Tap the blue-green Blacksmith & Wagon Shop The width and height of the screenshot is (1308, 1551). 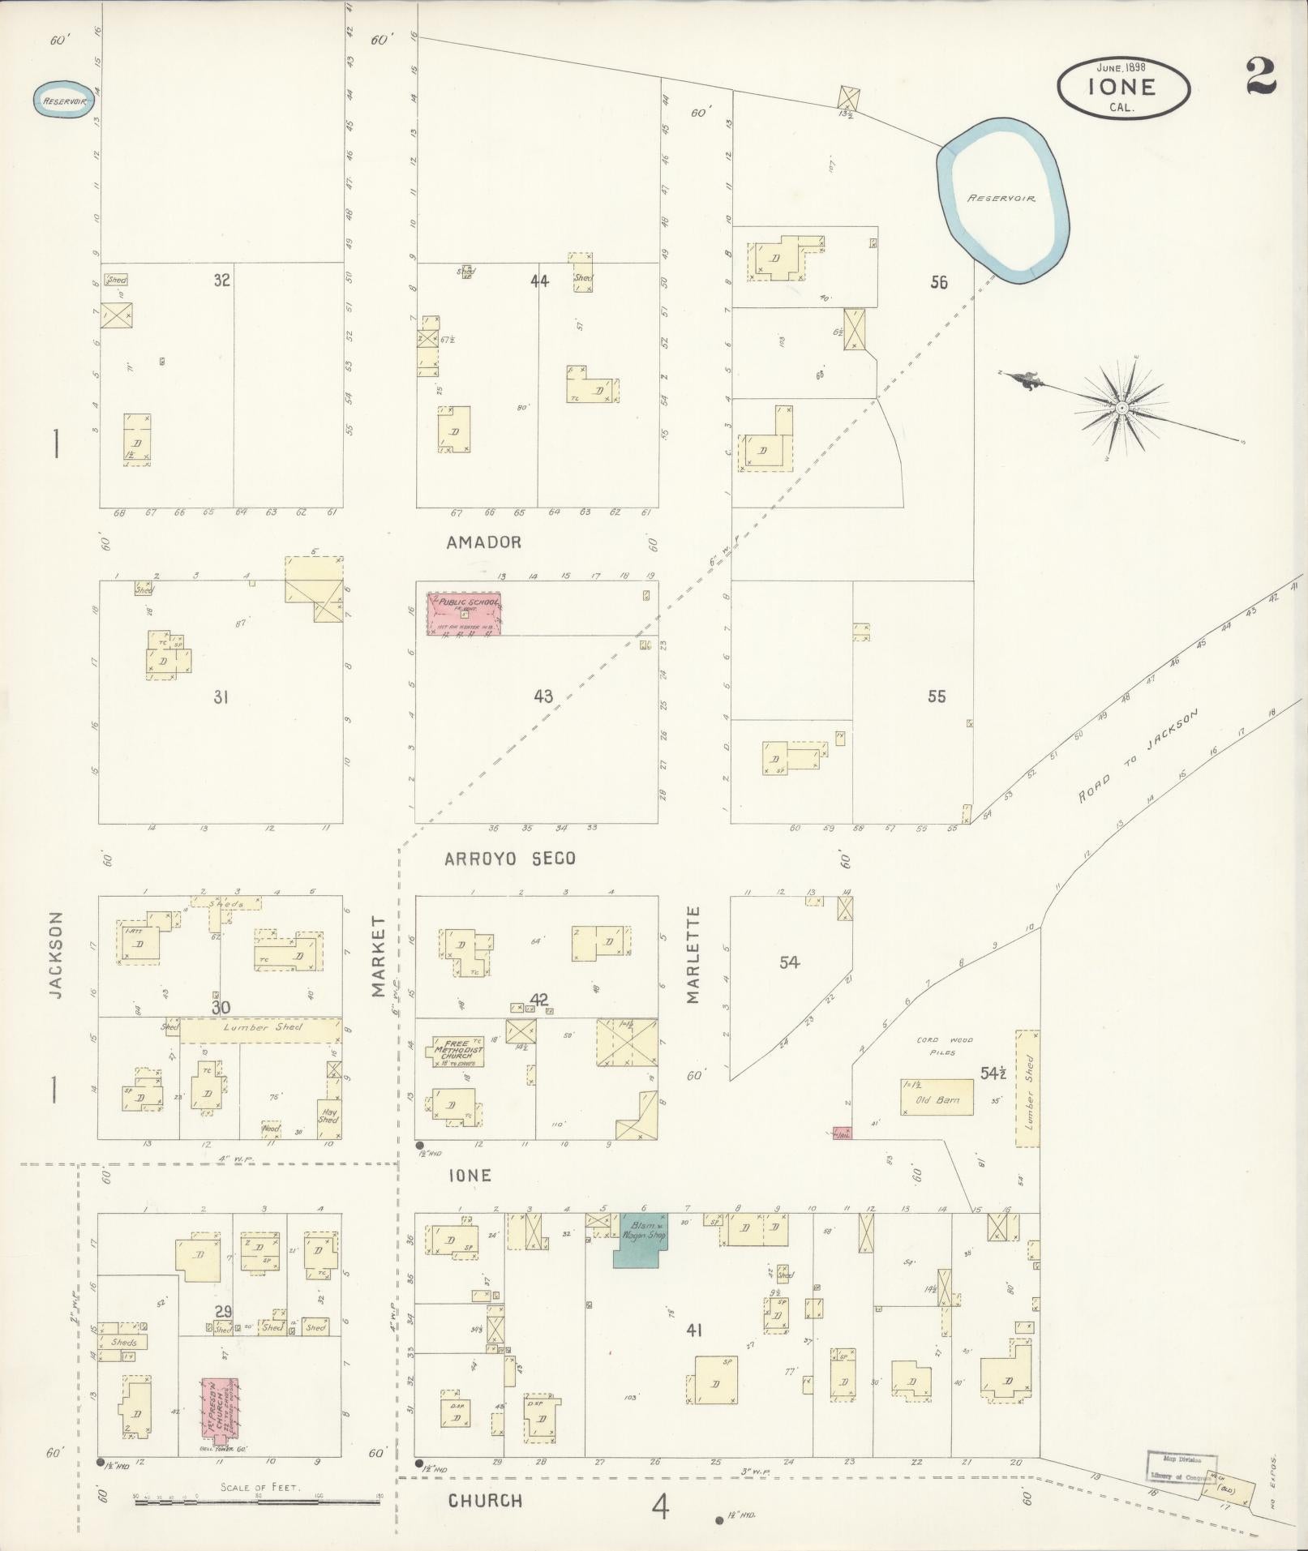coord(641,1239)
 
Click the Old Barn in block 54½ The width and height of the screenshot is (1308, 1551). coord(937,1097)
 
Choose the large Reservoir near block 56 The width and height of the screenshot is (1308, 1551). coord(1002,199)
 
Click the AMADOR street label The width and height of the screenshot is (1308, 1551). coord(483,542)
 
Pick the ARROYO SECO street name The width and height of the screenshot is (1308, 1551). coord(509,859)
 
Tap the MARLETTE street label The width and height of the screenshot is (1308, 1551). coord(693,955)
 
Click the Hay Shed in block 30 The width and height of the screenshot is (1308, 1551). coord(328,1115)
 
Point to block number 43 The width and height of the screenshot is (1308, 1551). coord(543,696)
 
